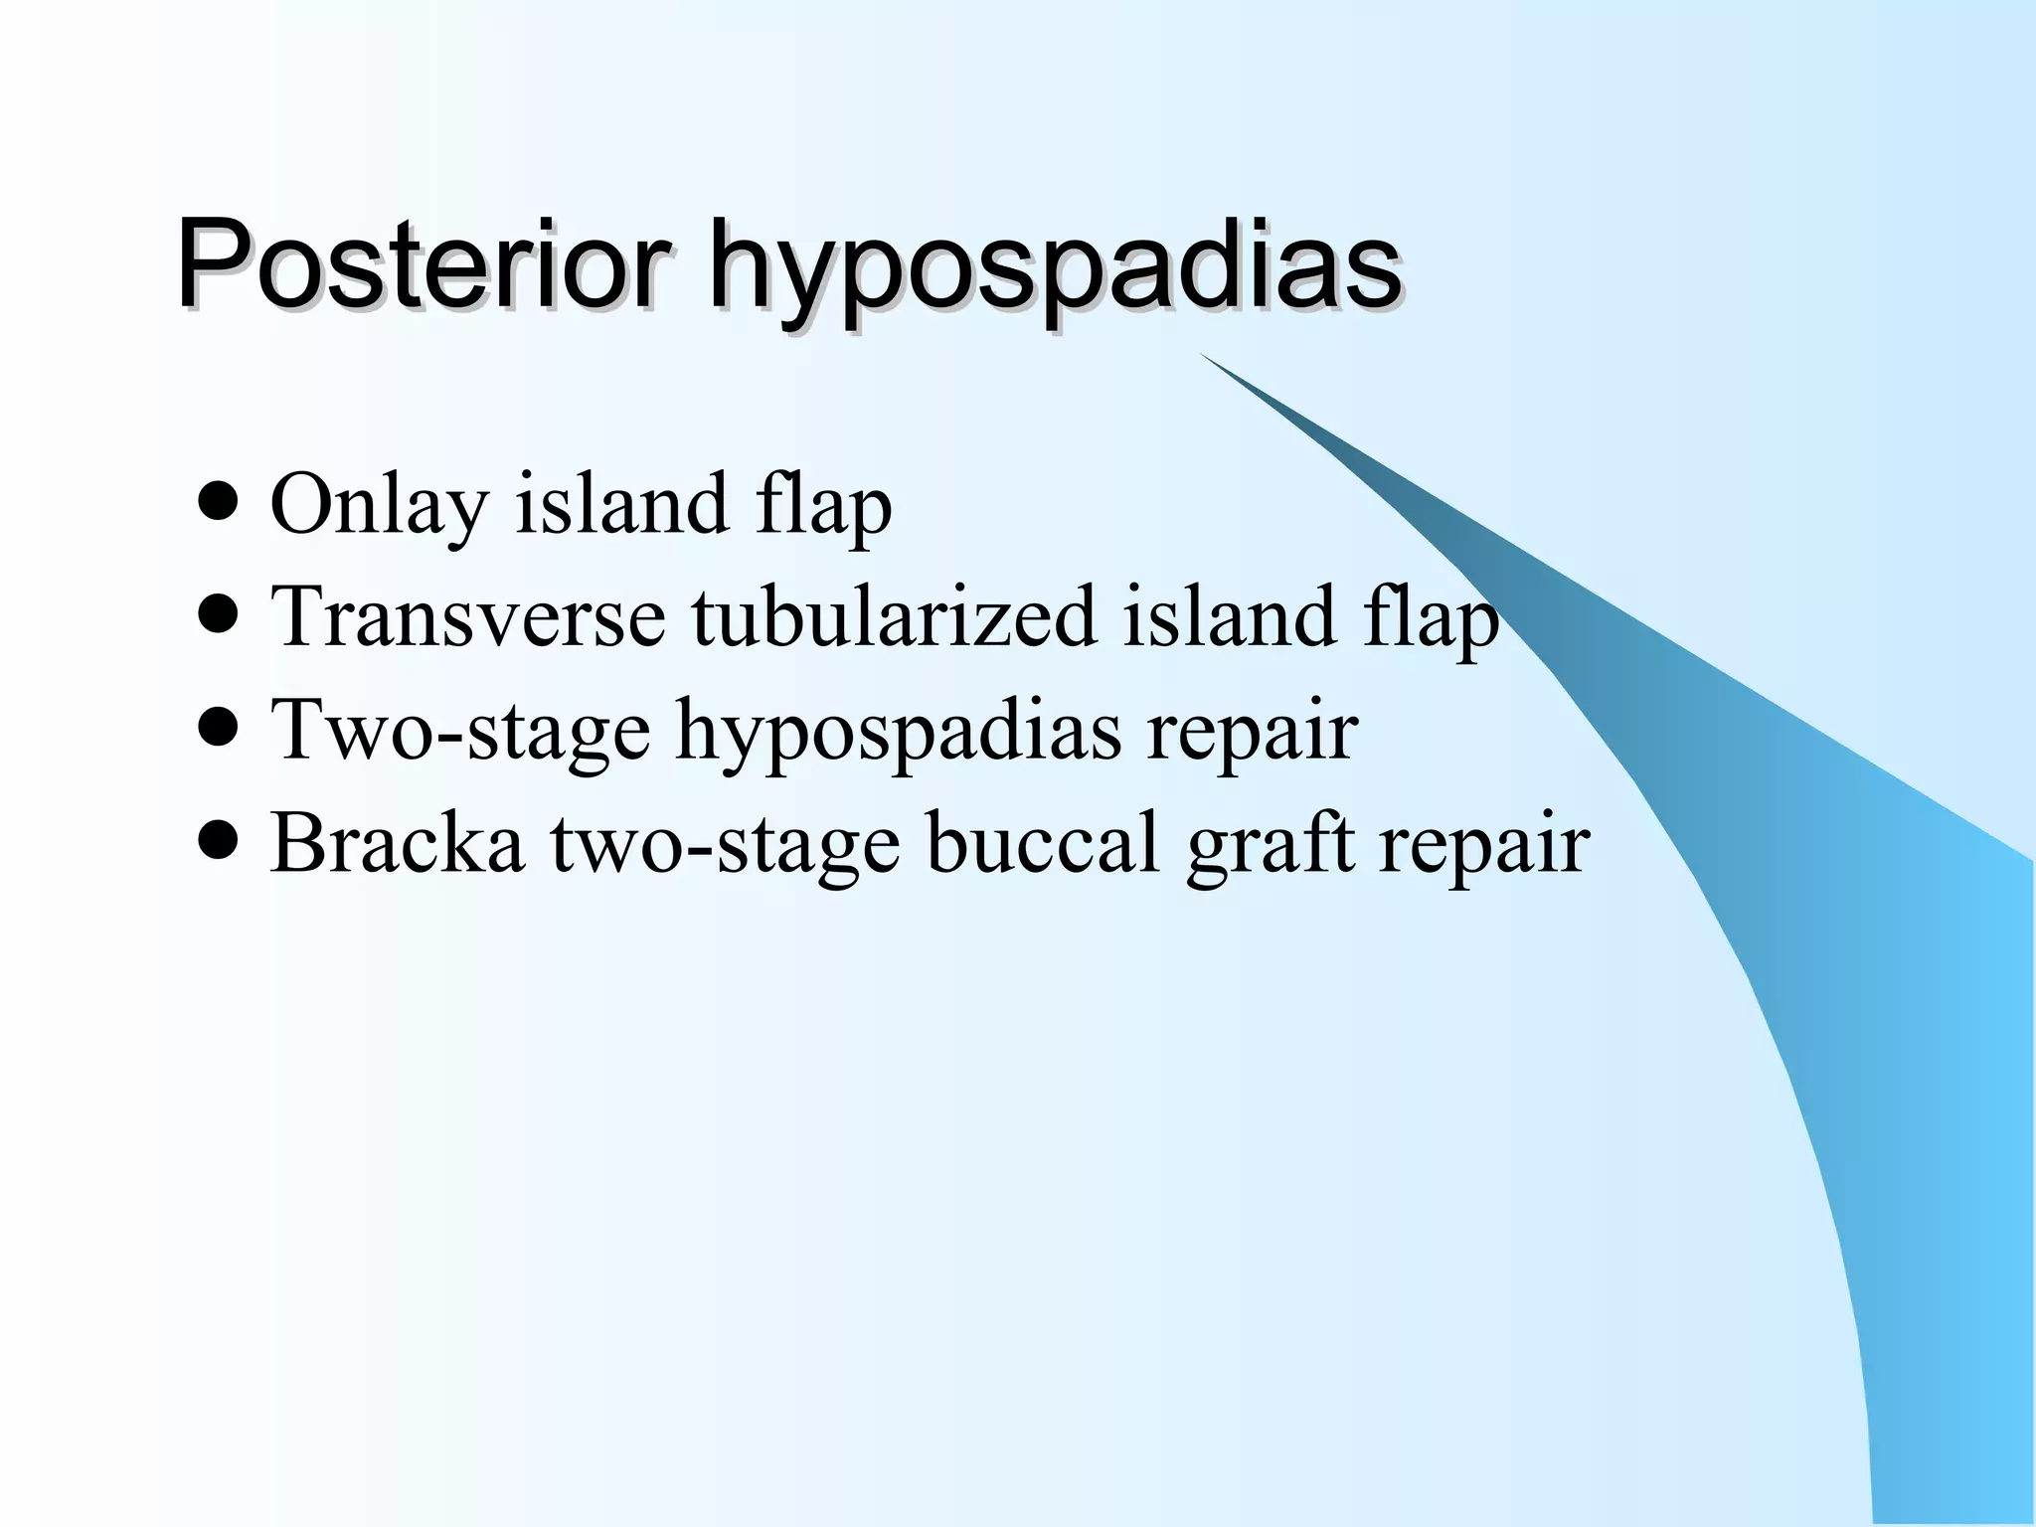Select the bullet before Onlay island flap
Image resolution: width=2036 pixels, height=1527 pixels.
[218, 503]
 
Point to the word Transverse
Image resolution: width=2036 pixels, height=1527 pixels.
[467, 616]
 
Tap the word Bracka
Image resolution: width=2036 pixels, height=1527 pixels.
[397, 842]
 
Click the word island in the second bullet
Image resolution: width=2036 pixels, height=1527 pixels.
[1228, 616]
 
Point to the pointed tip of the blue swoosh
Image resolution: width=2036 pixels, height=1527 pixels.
[1203, 355]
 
